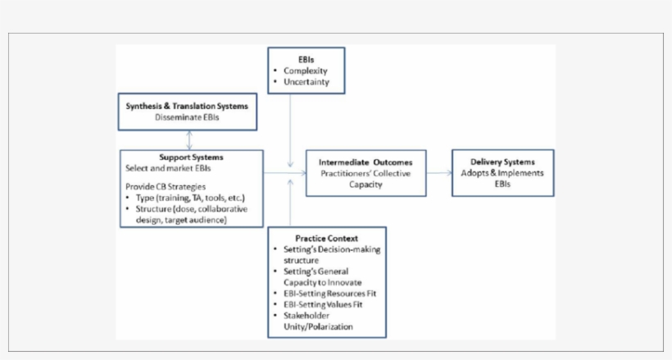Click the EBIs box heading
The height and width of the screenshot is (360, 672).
306,59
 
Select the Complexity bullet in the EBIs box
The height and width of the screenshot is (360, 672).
306,71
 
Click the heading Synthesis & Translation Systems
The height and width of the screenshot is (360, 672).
186,107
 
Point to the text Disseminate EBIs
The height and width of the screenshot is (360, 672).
187,117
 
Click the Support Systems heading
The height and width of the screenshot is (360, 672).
191,157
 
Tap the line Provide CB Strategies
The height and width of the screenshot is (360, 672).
160,188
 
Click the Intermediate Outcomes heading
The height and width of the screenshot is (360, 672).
366,162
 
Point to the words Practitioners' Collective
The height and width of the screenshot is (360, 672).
366,173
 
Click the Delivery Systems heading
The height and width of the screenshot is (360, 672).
503,162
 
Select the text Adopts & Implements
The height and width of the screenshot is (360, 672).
503,173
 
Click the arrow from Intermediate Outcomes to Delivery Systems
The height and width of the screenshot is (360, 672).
438,173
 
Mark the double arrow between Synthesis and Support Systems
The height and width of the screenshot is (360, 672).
189,139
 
